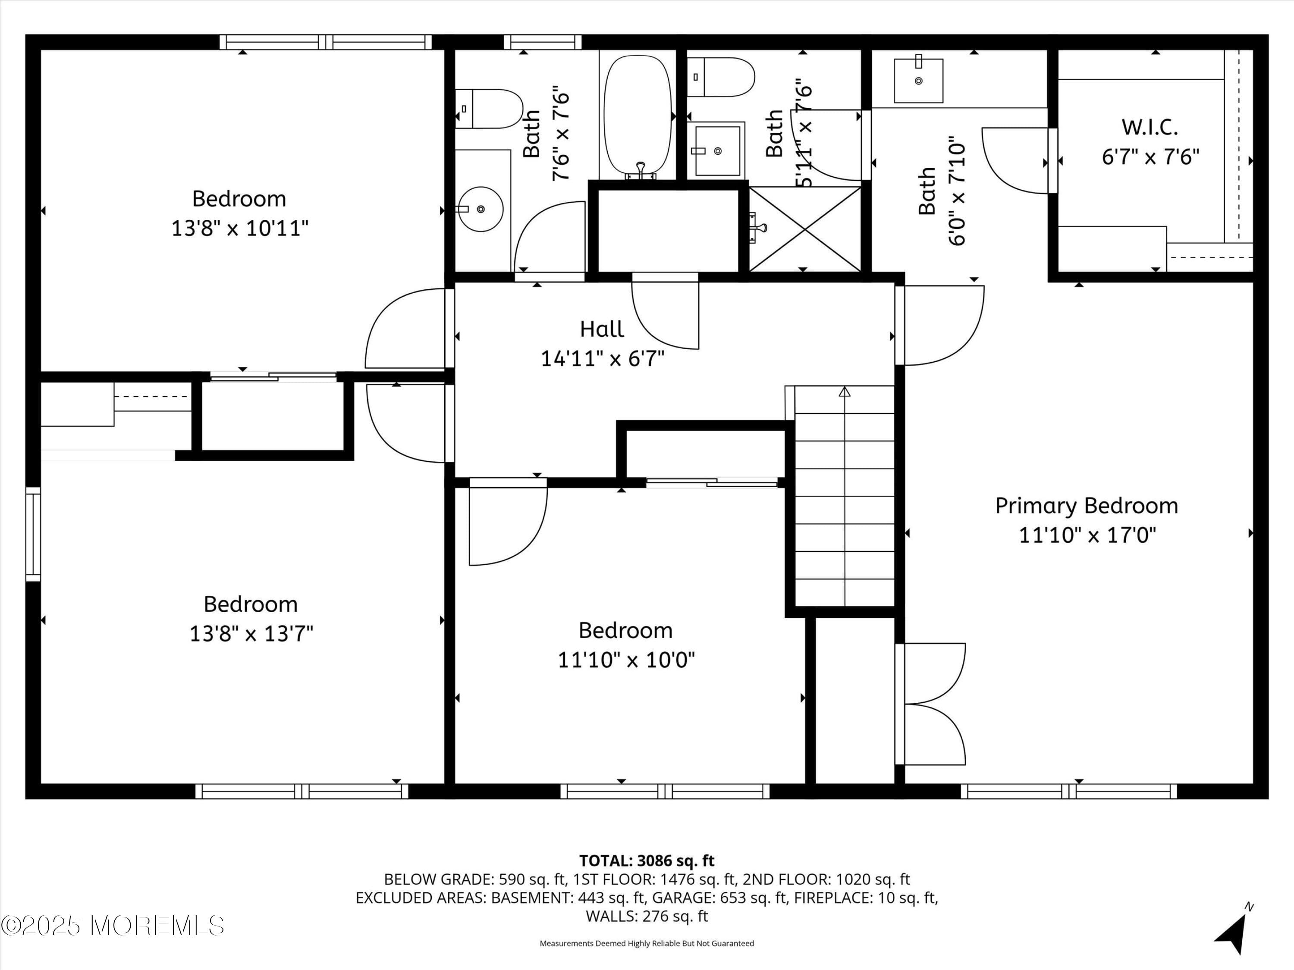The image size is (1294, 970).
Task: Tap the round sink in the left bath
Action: (x=480, y=209)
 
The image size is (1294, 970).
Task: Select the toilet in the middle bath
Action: (x=721, y=77)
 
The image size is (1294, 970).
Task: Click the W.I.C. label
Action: (x=1150, y=127)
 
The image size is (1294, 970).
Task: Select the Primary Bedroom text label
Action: (x=1087, y=506)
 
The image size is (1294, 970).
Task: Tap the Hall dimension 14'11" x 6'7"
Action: (x=603, y=358)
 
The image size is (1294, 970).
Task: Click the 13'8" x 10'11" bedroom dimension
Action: (x=239, y=228)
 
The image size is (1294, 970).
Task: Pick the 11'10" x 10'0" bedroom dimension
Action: (x=626, y=660)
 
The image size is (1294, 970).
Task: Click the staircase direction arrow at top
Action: (x=844, y=392)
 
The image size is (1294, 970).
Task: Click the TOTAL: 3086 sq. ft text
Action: (x=647, y=860)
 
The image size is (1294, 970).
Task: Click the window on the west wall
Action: (x=33, y=534)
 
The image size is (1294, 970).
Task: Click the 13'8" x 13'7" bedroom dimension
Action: (x=251, y=634)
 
